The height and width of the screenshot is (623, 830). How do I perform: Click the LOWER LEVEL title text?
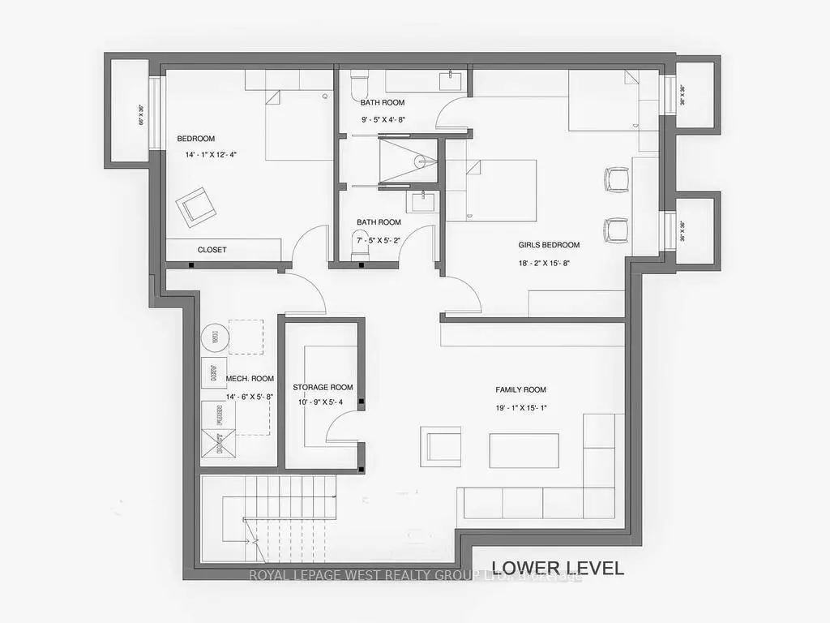tap(558, 568)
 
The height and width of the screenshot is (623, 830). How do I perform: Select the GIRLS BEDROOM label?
tap(549, 245)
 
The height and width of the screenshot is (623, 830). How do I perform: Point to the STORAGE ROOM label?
tap(323, 387)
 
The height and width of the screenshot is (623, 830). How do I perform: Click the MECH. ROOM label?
tap(250, 378)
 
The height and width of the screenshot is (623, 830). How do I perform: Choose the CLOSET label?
tap(212, 250)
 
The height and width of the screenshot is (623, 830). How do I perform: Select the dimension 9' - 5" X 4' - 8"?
tap(383, 119)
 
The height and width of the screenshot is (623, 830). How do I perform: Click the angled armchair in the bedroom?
tap(197, 205)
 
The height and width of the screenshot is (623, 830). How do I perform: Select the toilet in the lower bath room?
tap(359, 245)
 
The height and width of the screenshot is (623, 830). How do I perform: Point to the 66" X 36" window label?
tap(140, 115)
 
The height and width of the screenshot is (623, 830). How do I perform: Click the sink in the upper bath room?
tap(447, 79)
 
